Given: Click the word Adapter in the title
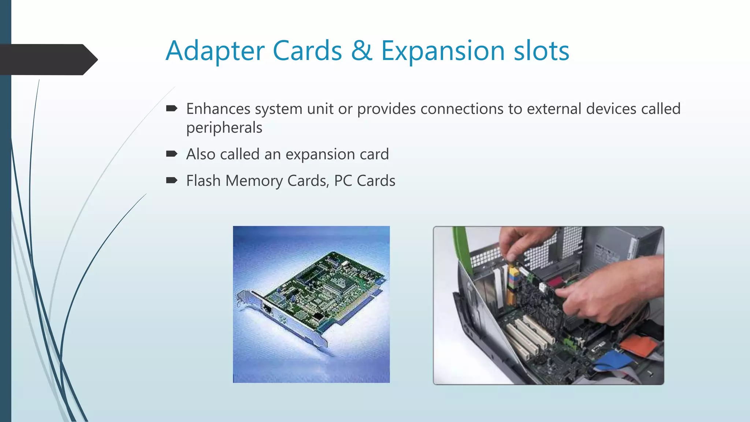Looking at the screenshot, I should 215,51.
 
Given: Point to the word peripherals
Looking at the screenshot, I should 224,128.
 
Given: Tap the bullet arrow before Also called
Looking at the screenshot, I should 171,154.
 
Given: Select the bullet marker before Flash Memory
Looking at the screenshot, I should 171,180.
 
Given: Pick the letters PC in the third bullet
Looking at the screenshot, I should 343,181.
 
